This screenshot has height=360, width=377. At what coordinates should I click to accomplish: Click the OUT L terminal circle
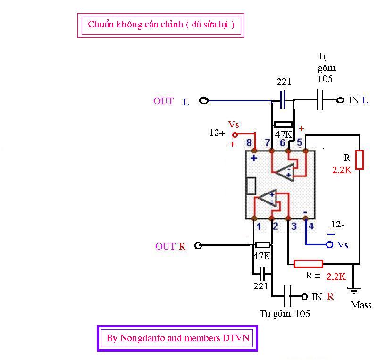tap(204, 100)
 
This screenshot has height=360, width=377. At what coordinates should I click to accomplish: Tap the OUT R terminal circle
tap(199, 245)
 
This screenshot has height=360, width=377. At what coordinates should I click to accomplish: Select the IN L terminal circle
tap(340, 100)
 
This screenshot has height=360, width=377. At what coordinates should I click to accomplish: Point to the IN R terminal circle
tap(304, 297)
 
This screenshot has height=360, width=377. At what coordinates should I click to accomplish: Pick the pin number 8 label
tap(249, 142)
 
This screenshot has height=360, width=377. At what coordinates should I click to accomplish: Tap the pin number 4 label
tap(310, 226)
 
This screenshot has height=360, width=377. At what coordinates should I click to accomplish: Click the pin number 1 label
tap(259, 226)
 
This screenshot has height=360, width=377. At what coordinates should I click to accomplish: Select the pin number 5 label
tap(299, 142)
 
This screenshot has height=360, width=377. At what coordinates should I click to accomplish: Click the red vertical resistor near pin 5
tap(360, 159)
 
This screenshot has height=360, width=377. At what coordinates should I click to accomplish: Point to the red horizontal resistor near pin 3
tap(308, 264)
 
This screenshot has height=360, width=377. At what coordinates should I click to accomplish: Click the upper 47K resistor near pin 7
tap(283, 125)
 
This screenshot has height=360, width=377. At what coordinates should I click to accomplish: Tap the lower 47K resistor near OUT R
tap(262, 245)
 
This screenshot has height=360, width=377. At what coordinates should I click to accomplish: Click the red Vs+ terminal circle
tap(235, 134)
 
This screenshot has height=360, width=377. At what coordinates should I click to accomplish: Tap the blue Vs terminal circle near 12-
tap(330, 244)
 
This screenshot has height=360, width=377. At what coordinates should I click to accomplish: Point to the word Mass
tap(361, 305)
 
